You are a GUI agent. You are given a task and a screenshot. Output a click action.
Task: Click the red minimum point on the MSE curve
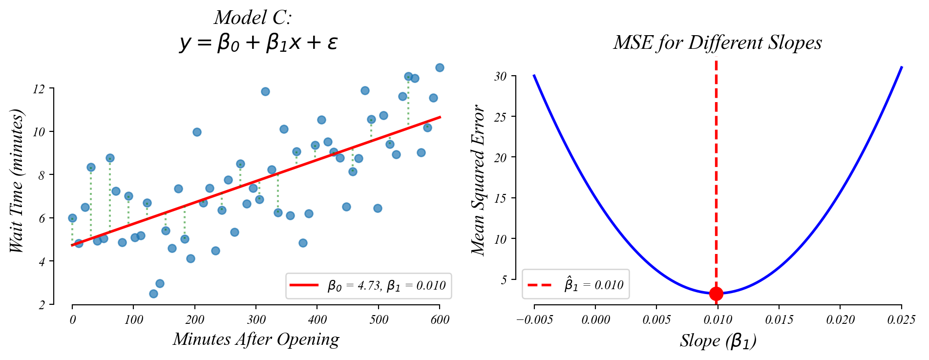click(716, 294)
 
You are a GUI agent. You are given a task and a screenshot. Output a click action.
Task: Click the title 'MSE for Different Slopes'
click(718, 43)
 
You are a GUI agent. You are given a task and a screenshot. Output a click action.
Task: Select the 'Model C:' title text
click(253, 18)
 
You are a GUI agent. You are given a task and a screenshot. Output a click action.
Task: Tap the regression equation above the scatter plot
click(258, 43)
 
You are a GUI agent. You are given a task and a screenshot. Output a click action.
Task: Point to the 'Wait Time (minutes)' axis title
click(17, 181)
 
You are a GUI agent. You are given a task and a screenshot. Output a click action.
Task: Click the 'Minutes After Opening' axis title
click(256, 339)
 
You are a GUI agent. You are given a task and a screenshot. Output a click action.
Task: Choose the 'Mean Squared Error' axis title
click(479, 180)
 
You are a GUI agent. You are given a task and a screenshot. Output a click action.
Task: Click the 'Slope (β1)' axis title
click(718, 341)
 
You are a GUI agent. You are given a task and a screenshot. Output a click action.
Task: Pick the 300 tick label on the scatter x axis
click(256, 320)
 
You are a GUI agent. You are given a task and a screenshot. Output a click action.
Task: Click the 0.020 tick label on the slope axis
click(840, 320)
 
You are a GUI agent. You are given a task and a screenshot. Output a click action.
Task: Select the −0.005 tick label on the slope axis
click(534, 320)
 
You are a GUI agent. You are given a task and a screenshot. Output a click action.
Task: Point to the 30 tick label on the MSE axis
click(500, 76)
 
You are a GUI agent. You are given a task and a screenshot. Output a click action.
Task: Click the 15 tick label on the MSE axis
click(500, 198)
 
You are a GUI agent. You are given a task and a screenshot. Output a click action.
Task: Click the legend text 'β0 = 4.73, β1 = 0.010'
click(386, 286)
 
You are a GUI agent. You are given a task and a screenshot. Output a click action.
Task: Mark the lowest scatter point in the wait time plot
click(153, 294)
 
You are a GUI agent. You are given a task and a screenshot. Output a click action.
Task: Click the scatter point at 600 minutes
click(440, 67)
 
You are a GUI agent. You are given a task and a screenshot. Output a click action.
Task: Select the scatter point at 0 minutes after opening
click(72, 218)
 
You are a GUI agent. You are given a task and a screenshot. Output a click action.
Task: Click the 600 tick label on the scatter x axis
click(440, 320)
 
